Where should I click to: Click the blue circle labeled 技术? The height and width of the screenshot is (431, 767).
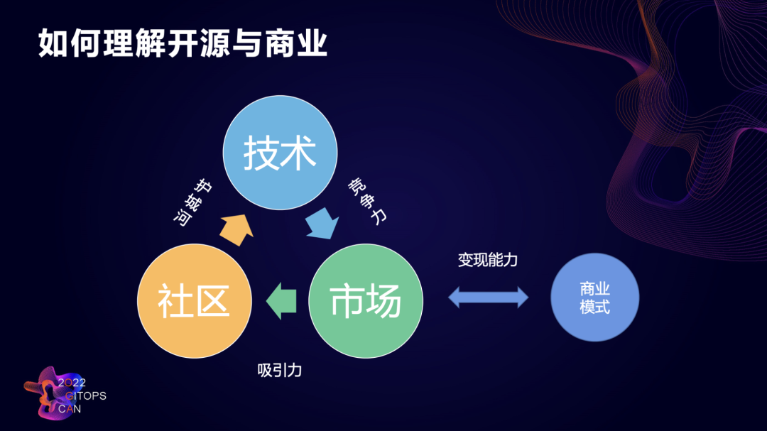(280, 153)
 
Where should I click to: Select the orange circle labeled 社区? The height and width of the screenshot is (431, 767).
(194, 300)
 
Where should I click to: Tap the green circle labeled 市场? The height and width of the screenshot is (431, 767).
(366, 300)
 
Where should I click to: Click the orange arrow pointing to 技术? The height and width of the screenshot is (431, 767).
(236, 227)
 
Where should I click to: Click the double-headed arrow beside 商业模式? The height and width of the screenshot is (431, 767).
(488, 297)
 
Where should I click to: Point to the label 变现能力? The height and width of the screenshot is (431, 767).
(487, 260)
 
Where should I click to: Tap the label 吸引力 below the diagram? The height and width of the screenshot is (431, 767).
(280, 370)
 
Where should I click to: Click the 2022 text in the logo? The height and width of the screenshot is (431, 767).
(72, 383)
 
